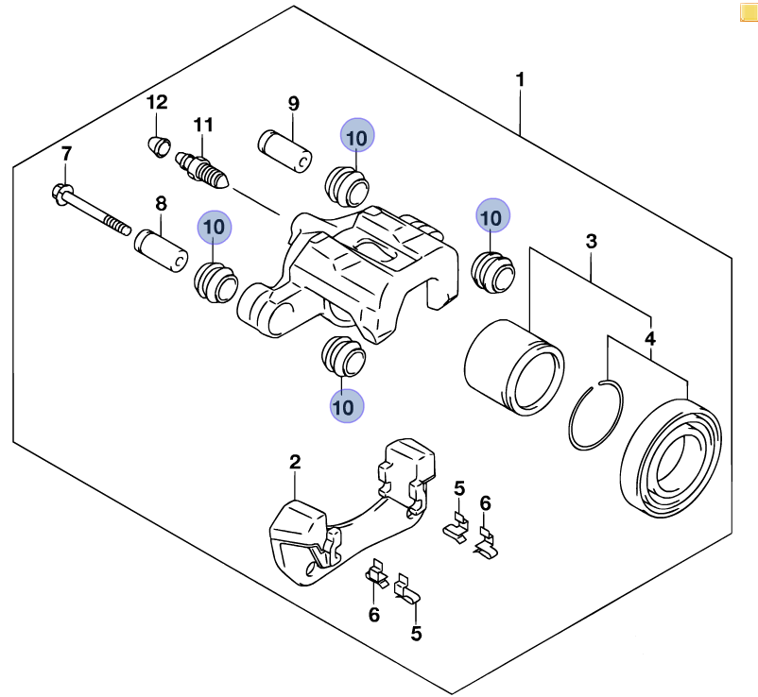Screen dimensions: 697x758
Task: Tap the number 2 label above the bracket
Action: click(295, 462)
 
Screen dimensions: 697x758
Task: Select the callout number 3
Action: click(592, 242)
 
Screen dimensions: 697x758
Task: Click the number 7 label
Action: click(66, 154)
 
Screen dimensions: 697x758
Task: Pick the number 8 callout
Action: click(161, 203)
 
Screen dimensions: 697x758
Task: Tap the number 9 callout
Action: click(293, 103)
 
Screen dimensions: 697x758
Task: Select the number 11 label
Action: click(204, 124)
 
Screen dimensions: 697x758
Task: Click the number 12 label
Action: click(157, 102)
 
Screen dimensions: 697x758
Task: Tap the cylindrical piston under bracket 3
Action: click(513, 366)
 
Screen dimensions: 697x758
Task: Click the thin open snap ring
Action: click(598, 415)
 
